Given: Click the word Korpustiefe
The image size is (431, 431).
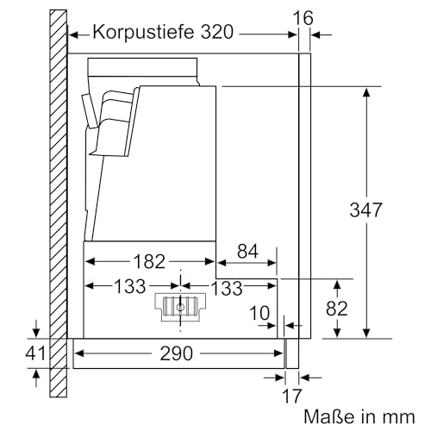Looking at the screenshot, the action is click(x=143, y=33).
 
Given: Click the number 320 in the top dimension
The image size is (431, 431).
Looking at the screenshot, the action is click(x=216, y=32).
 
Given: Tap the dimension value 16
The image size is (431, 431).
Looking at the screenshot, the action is click(x=303, y=18).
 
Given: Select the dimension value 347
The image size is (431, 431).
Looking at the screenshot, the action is click(x=365, y=209).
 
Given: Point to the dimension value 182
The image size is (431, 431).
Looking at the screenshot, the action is click(x=149, y=261).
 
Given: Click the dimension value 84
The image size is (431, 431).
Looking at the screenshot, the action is click(x=247, y=251).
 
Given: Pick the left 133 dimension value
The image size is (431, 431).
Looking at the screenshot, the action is click(x=130, y=286).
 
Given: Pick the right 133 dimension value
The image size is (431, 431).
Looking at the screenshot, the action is click(x=227, y=288).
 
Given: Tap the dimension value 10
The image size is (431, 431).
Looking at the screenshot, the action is click(x=259, y=313).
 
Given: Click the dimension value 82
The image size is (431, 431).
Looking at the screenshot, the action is click(x=337, y=309).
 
